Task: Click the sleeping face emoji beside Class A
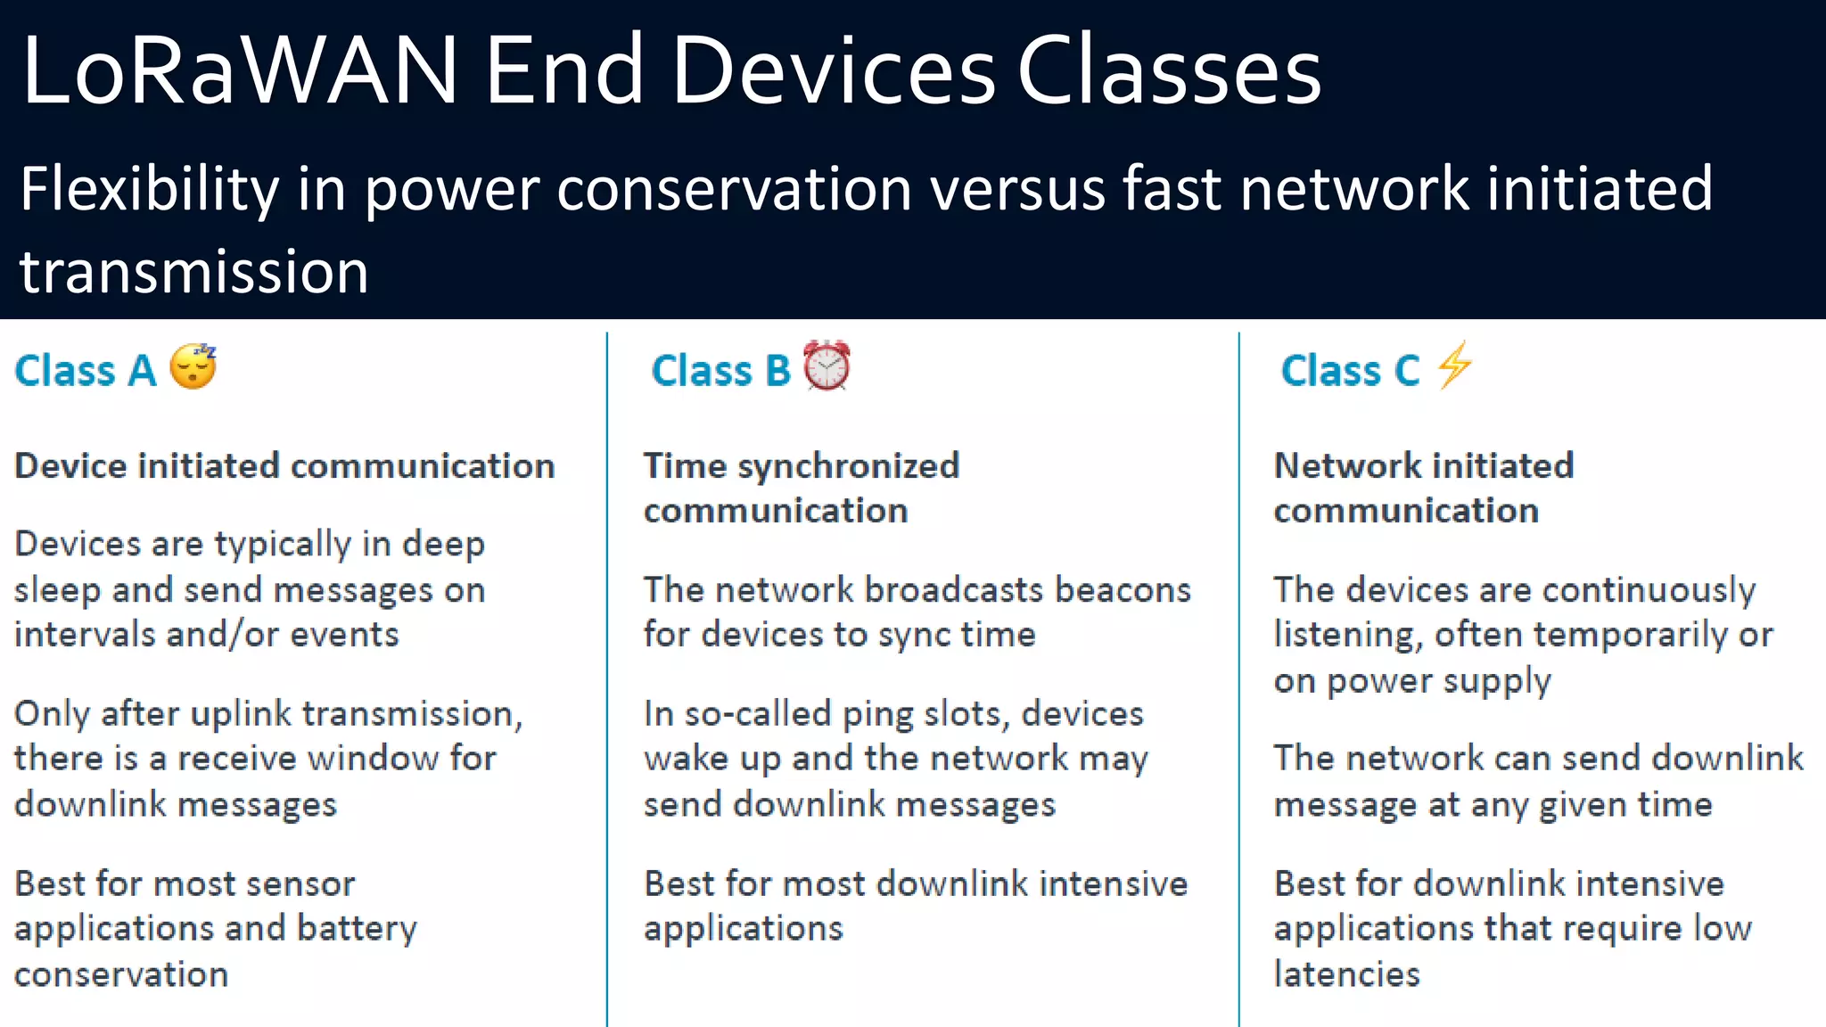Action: point(193,366)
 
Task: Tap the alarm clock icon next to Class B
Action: point(827,366)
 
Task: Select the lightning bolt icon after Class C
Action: point(1454,366)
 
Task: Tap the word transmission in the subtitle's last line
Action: point(194,272)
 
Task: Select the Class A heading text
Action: point(86,371)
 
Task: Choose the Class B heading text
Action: point(720,371)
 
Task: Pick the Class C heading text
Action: point(1350,371)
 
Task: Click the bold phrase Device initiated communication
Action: point(284,466)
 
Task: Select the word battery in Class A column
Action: point(357,929)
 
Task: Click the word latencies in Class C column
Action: point(1346,974)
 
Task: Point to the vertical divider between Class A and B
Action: point(607,678)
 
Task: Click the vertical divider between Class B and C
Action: point(1238,678)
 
